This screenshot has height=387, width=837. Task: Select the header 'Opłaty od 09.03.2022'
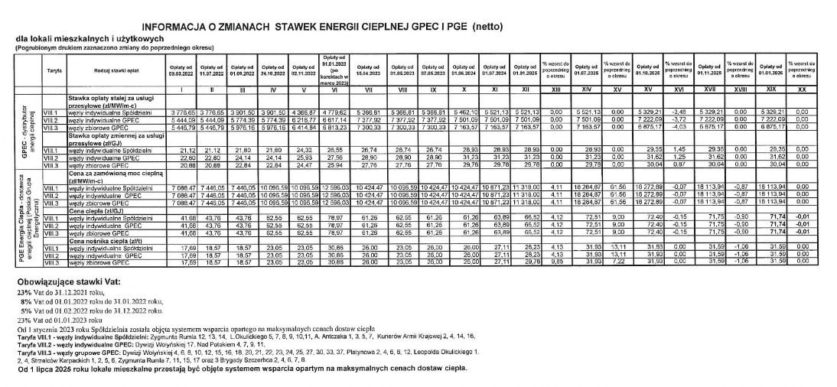[182, 70]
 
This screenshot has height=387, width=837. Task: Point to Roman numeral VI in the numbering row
[337, 89]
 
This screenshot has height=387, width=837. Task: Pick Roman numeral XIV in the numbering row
[586, 89]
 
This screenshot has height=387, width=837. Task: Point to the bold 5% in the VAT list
[25, 311]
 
